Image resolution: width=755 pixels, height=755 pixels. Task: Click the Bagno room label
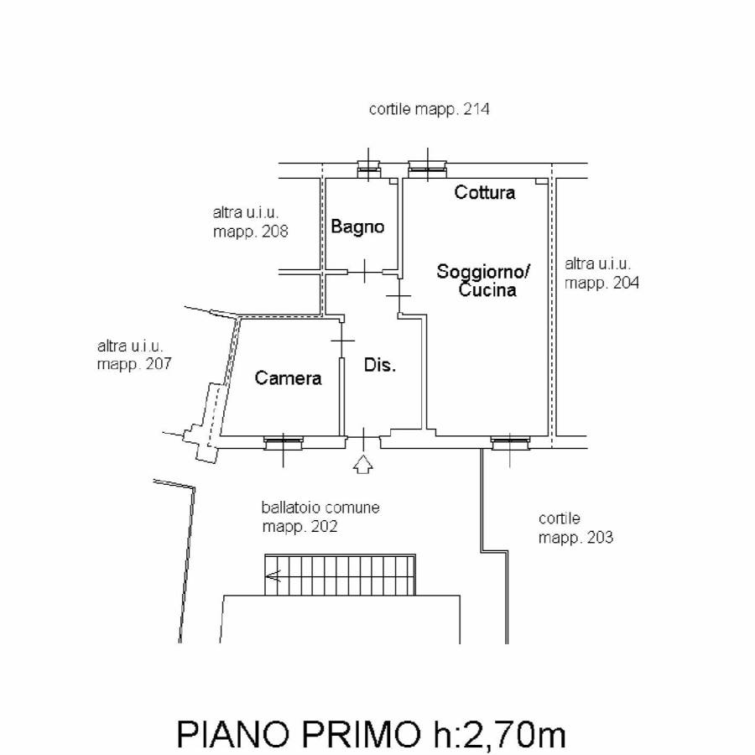(x=357, y=226)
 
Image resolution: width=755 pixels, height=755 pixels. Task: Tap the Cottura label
(x=485, y=193)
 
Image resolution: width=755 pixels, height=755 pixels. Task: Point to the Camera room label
(x=288, y=378)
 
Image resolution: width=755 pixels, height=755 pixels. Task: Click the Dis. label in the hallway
(x=379, y=366)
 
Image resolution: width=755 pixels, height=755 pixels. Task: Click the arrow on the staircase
(x=273, y=575)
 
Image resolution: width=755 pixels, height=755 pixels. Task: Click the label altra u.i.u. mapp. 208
(x=250, y=223)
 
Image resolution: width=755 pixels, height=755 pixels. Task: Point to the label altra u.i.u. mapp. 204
(x=601, y=273)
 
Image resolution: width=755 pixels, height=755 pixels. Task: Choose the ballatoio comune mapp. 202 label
(x=320, y=518)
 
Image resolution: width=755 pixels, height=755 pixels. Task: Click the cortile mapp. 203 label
(x=575, y=528)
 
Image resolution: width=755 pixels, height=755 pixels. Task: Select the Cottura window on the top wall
(x=428, y=169)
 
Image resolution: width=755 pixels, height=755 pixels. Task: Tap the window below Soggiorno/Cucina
(x=510, y=443)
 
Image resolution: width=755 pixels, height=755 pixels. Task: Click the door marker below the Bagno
(x=366, y=271)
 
